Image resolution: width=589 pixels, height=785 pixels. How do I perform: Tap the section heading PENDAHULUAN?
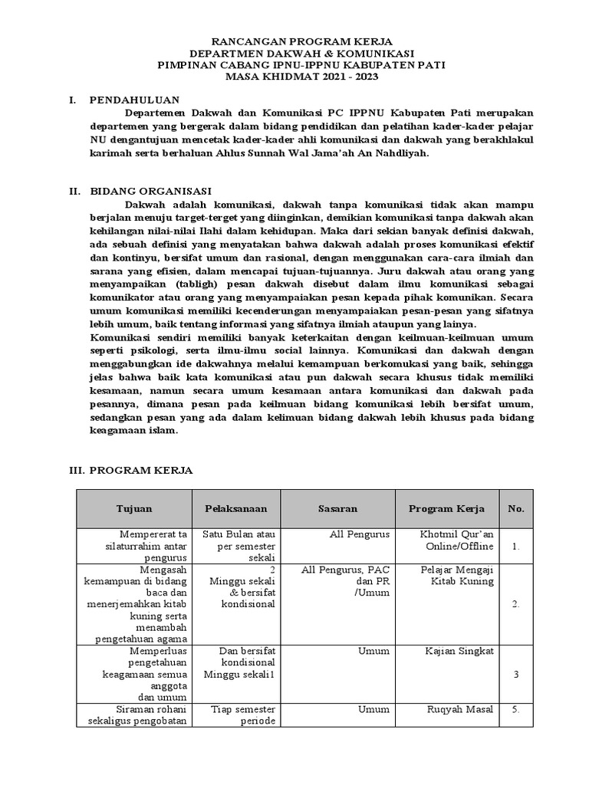tap(134, 100)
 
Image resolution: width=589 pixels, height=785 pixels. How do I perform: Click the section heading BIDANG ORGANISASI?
tap(150, 191)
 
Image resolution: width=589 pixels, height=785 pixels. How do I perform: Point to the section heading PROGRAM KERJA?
tap(141, 470)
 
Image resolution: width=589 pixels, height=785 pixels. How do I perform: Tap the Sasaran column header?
tap(337, 509)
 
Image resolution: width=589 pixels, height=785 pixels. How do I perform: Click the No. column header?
tap(516, 509)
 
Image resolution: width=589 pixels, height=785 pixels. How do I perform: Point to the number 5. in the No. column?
tap(516, 709)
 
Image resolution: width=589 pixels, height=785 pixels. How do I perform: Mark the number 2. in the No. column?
tap(516, 604)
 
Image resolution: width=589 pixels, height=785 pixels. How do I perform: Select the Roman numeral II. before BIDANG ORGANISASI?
tap(75, 191)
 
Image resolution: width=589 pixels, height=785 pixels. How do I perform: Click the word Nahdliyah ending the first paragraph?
tap(397, 153)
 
